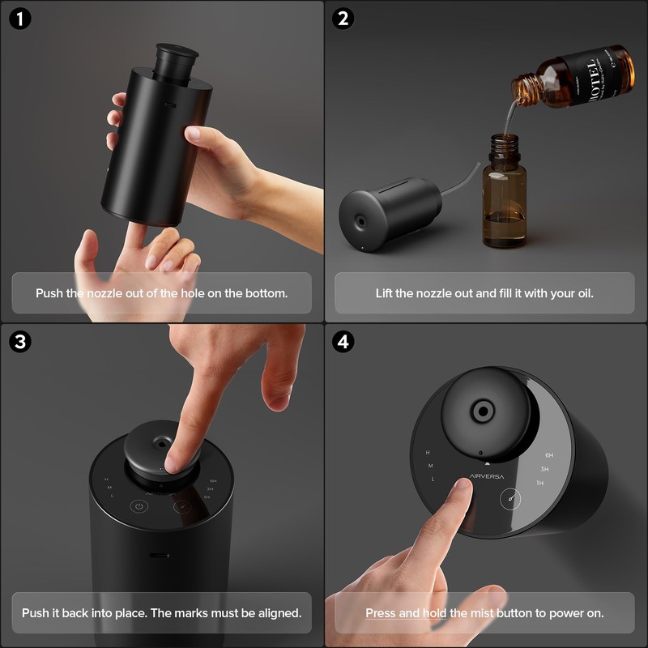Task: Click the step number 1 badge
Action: click(x=20, y=19)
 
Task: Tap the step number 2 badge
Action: click(x=344, y=19)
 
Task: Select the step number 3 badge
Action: click(x=20, y=341)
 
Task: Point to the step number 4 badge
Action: click(x=344, y=341)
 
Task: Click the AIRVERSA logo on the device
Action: click(x=485, y=476)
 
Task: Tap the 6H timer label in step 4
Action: click(x=549, y=455)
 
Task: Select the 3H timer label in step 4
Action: click(x=545, y=469)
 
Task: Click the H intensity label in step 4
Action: click(x=428, y=452)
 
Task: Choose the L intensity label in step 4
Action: click(x=433, y=480)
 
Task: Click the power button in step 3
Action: click(x=140, y=507)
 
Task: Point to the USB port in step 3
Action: click(x=159, y=556)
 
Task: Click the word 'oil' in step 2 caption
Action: click(x=582, y=292)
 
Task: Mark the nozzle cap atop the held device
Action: click(x=177, y=58)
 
